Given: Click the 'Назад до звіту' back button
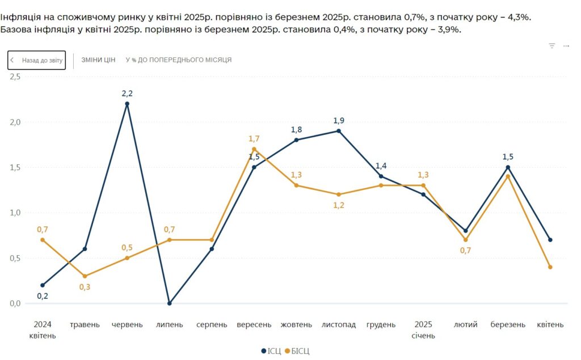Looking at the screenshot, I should point(36,60).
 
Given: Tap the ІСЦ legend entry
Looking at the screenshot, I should point(271,351).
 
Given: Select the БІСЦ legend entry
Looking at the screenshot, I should point(297,351).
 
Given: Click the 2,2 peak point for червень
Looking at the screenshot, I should point(127,104).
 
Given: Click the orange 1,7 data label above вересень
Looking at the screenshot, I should point(254,138).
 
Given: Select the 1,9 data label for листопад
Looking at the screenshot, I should point(339,120).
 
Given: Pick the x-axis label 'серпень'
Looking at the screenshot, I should point(212,325).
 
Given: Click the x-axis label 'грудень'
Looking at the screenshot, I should point(381,325).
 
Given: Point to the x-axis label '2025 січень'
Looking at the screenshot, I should point(423,330).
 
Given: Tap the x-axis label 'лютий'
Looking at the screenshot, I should point(466,325).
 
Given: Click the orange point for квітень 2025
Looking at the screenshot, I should point(550,267).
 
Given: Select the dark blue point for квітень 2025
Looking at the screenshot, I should point(550,240).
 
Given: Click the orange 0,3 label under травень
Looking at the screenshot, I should point(85,287).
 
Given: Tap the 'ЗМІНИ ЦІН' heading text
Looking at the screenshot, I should point(99,60).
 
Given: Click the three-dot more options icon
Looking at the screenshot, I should point(566,46).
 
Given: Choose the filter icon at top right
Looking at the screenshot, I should point(551,46).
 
